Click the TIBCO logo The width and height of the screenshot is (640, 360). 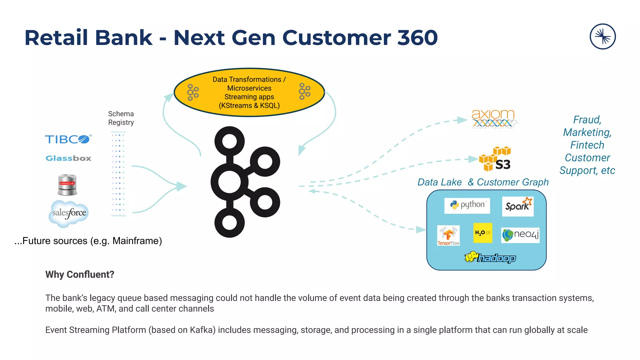[x=68, y=139]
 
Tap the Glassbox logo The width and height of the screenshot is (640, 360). [x=68, y=158]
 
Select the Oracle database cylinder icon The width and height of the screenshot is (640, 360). [x=67, y=184]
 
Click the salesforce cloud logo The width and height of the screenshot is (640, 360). [x=69, y=213]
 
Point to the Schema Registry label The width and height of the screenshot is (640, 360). [x=121, y=118]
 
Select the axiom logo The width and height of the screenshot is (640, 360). [x=493, y=119]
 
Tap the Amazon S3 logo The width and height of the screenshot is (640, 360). [x=496, y=159]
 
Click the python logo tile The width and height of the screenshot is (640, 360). [x=467, y=205]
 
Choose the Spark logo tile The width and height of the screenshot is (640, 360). [x=518, y=206]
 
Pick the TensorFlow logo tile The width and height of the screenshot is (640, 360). [x=448, y=235]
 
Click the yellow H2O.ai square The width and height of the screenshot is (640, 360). [x=482, y=233]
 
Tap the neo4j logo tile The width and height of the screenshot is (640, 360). [x=521, y=235]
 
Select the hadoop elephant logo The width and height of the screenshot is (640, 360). [x=490, y=257]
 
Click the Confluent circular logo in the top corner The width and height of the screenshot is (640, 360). [x=602, y=37]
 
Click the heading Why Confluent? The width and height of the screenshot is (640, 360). [x=80, y=274]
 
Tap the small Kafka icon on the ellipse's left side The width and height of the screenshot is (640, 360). [x=192, y=92]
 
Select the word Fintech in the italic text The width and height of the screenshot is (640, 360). [x=587, y=145]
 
